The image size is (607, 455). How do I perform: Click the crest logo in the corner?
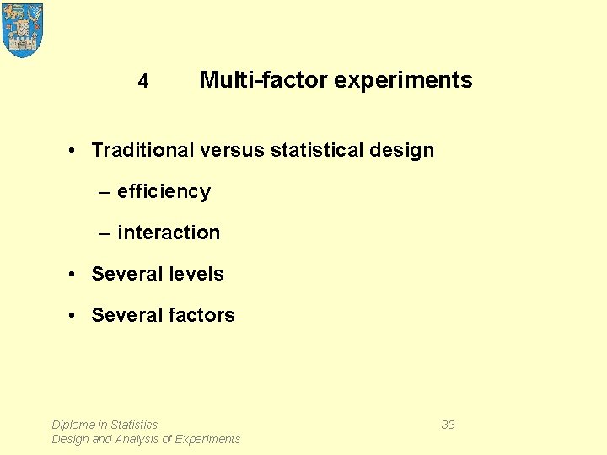coord(23,29)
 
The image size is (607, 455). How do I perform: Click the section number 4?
coord(143,81)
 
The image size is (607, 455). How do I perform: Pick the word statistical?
coord(320,150)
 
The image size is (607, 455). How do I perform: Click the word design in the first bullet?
coord(406,151)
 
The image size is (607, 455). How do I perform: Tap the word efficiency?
coord(164,192)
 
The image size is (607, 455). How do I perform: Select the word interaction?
coord(169,233)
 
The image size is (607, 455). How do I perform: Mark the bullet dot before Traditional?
coord(74,151)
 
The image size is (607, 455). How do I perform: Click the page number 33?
coord(448,425)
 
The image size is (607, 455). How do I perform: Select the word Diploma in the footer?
coord(73,425)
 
